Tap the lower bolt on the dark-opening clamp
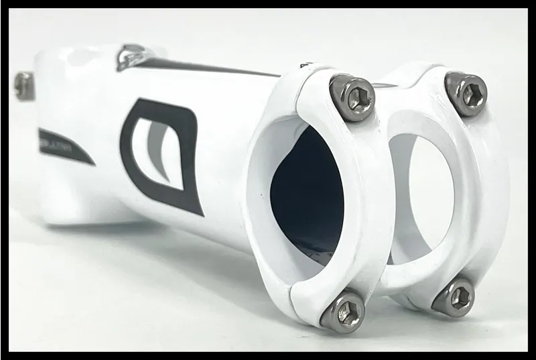(343, 311)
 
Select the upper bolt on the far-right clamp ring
(466, 93)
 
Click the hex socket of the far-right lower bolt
(457, 298)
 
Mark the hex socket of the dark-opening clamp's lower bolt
(346, 312)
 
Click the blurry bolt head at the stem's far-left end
(24, 86)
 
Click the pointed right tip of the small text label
(94, 164)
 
